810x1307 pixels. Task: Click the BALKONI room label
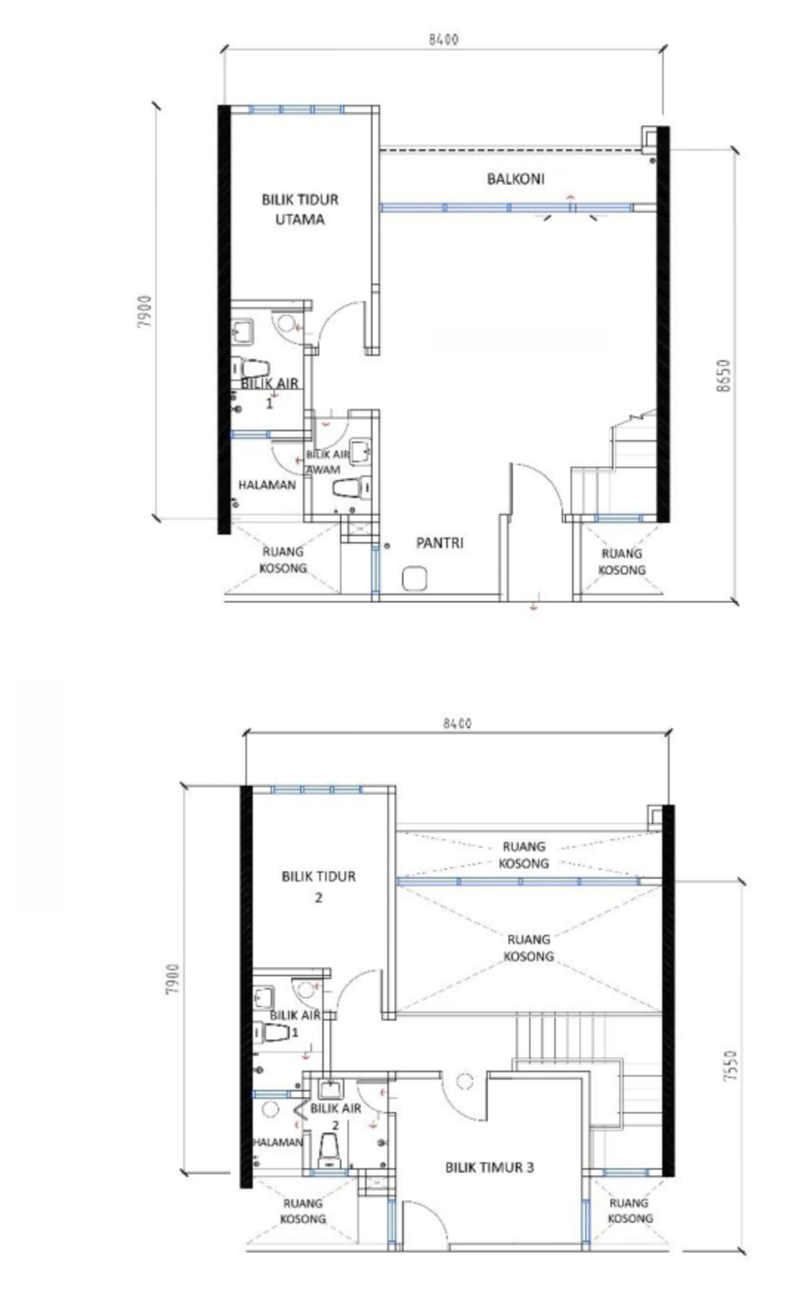click(x=515, y=179)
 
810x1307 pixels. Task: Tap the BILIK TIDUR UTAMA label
click(x=300, y=209)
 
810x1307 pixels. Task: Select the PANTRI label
click(x=439, y=543)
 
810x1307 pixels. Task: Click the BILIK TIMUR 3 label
click(x=489, y=1167)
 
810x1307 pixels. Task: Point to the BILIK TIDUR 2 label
click(x=318, y=886)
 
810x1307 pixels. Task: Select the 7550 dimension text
click(x=731, y=1067)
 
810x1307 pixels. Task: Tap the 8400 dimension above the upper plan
click(x=444, y=40)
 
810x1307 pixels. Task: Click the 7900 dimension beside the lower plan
click(x=173, y=979)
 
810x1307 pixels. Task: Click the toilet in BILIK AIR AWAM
click(x=351, y=487)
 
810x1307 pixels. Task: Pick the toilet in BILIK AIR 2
click(x=330, y=1151)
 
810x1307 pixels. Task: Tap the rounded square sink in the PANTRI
click(x=415, y=579)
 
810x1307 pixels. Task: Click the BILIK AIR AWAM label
click(x=327, y=462)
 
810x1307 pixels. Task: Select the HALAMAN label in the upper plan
click(x=267, y=484)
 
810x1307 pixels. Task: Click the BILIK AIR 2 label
click(x=335, y=1116)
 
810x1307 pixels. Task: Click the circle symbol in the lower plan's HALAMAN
click(x=269, y=1108)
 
